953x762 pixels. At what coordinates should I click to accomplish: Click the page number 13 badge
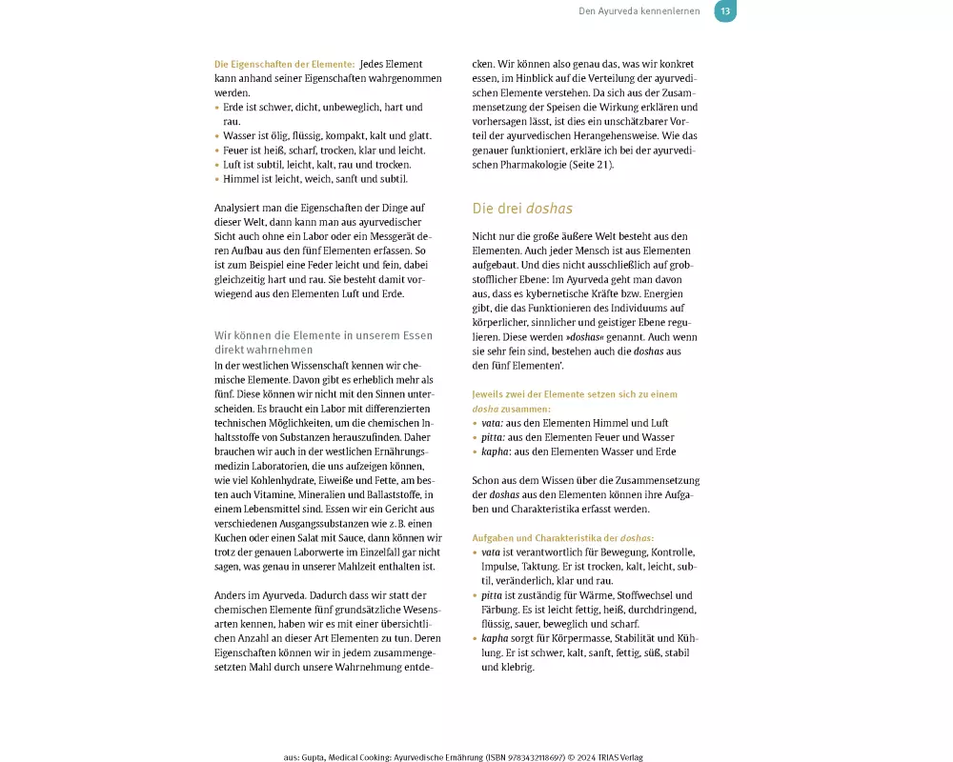tap(725, 11)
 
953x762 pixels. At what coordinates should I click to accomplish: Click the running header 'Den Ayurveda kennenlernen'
tap(639, 11)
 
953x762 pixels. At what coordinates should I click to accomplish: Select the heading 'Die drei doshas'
tap(522, 208)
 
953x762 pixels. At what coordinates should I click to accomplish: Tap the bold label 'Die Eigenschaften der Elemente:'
tap(285, 65)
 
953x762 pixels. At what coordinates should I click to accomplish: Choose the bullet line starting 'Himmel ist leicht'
tap(314, 178)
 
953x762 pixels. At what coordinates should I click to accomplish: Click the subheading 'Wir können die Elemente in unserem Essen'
tap(323, 335)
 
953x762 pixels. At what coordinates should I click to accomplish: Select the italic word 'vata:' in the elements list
tap(493, 423)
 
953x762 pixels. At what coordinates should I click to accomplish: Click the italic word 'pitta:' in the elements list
tap(494, 437)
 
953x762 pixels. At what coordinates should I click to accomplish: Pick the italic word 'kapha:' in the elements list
tap(496, 451)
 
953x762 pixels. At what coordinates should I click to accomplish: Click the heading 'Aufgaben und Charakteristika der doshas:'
tap(563, 538)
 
